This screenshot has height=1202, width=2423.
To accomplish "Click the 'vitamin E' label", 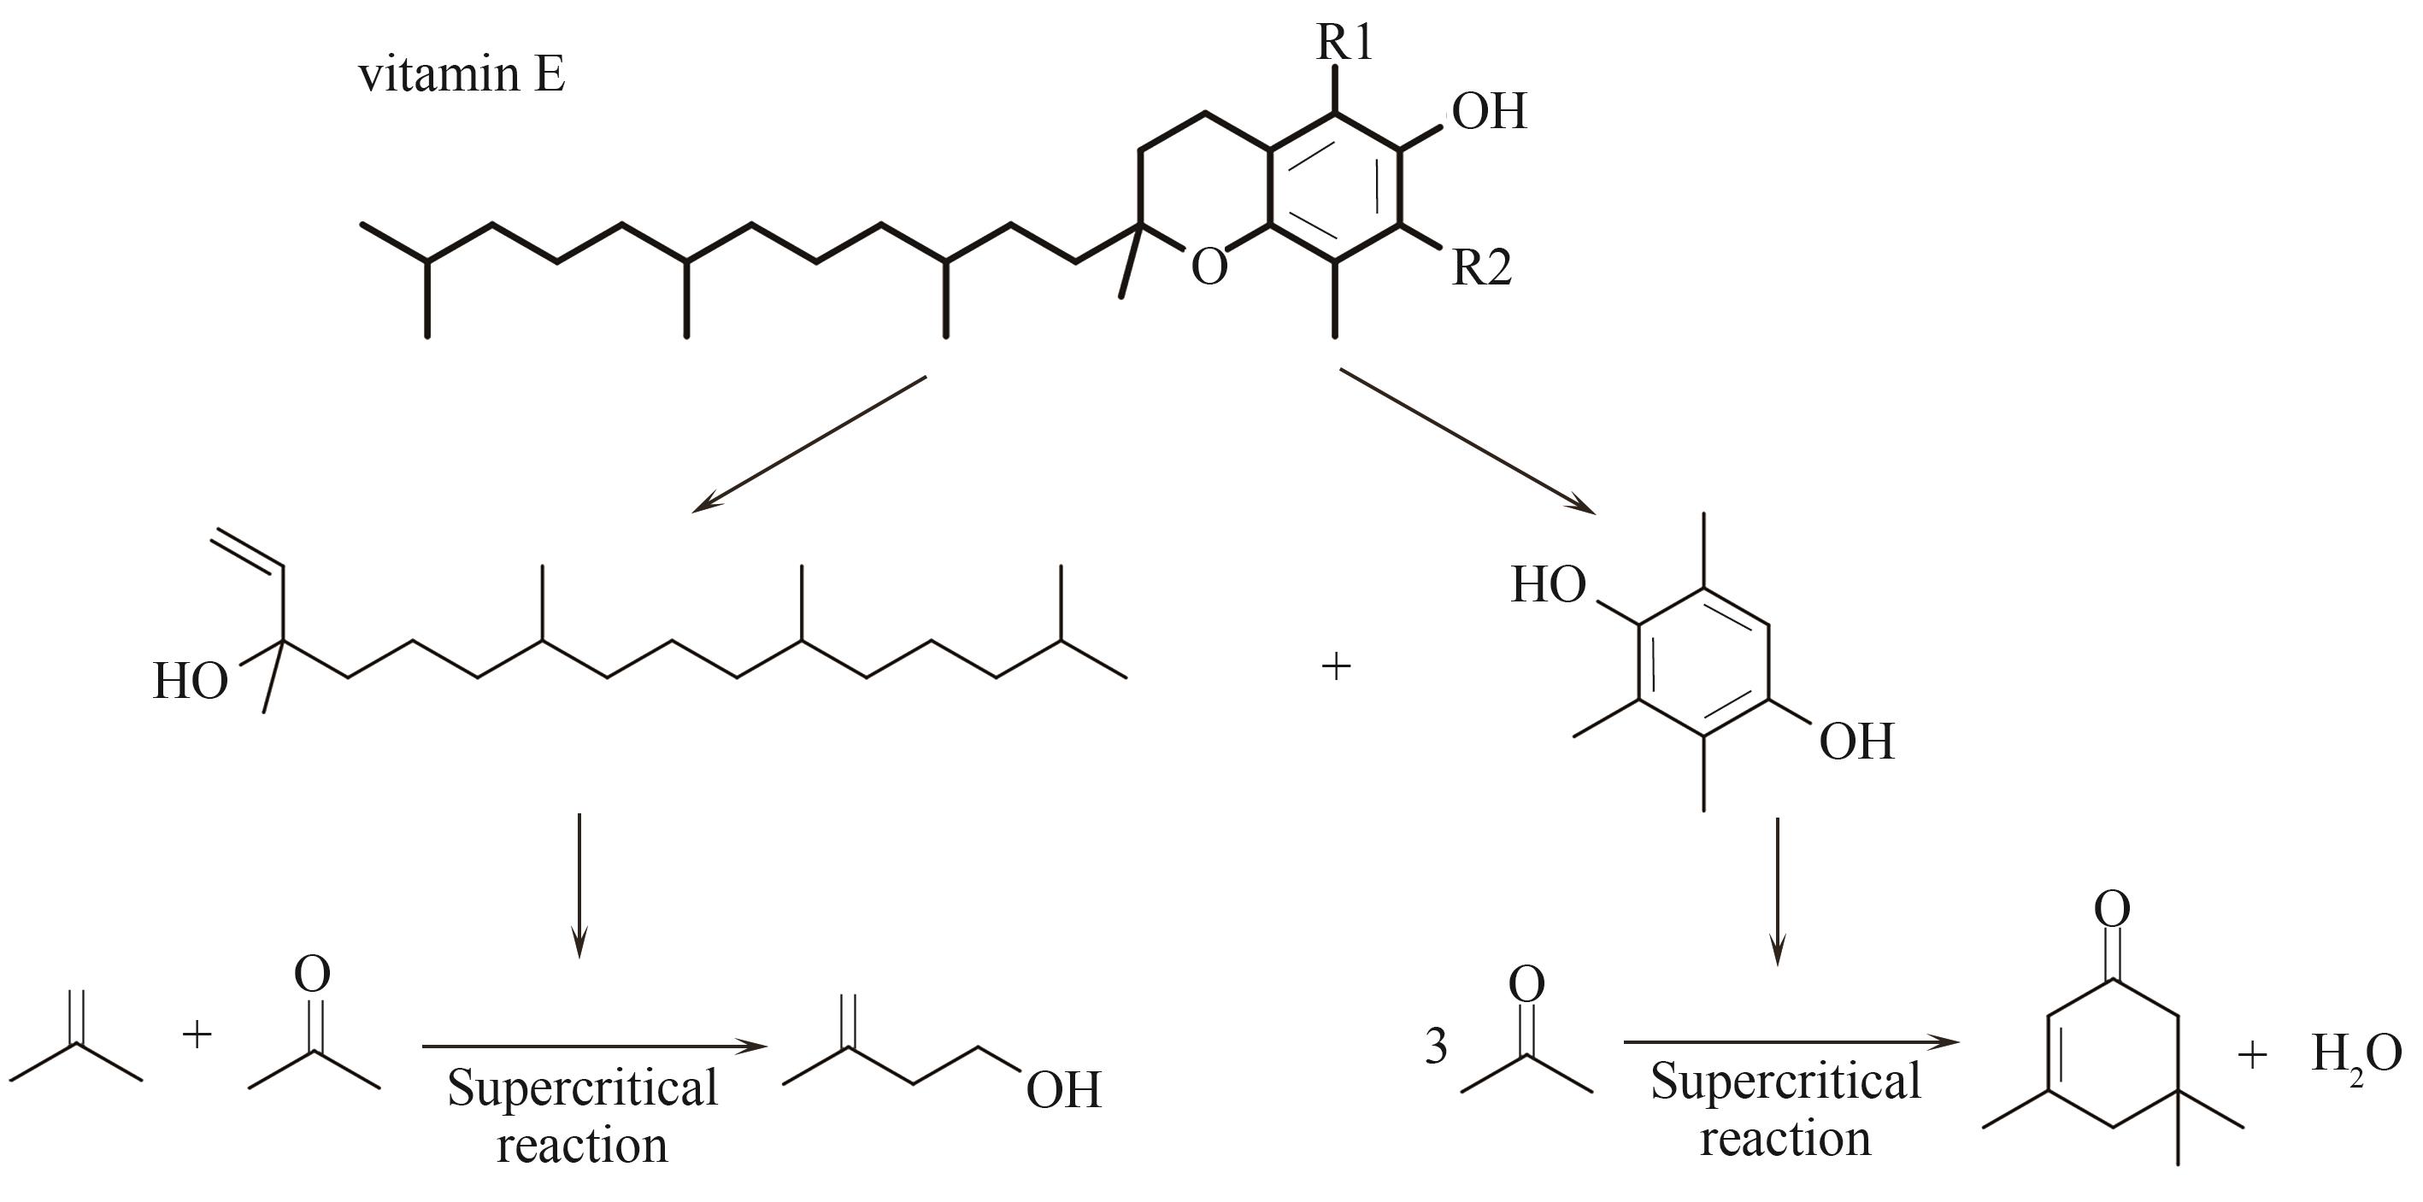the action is coord(462,74).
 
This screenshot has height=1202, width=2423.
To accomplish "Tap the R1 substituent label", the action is coord(1344,43).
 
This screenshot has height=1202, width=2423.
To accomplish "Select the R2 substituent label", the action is coord(1481,268).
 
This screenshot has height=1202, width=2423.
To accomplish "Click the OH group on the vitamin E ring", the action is coord(1489,111).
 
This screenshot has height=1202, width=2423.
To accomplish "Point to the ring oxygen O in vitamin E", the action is coord(1209,267).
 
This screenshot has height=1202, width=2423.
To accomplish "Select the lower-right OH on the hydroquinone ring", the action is coord(1855,742).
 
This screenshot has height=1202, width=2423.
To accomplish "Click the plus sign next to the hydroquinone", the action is coord(1336,667).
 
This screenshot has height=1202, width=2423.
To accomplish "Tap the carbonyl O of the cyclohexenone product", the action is coord(2113,909).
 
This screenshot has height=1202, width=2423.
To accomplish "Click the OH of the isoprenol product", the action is coord(1063,1090).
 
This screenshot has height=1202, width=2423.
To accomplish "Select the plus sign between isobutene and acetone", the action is coord(197,1035).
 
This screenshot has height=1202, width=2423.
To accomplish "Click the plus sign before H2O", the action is coord(2252,1055).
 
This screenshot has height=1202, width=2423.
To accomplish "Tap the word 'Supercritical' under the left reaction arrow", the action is coord(582,1088).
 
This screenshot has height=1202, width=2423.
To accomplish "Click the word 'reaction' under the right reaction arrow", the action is coord(1785,1140).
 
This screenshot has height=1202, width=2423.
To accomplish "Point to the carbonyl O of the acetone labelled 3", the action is coord(1526,985).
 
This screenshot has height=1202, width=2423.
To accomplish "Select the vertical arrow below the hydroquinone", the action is coord(1777,892).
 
